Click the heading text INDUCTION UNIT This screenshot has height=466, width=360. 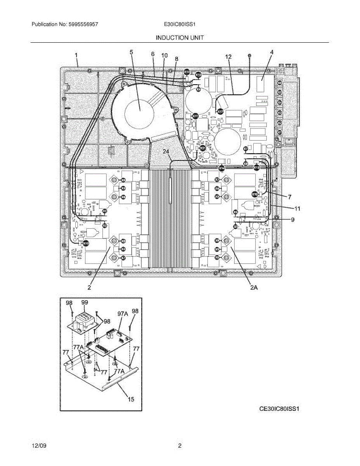coord(179,38)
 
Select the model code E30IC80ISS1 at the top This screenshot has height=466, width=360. coord(179,24)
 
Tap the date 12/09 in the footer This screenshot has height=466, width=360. coord(39,446)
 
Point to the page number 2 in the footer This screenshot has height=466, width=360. coord(180,446)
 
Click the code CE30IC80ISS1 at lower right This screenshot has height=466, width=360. coord(280,409)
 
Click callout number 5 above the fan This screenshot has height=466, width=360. coord(131,52)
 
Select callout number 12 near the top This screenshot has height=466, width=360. coord(228,57)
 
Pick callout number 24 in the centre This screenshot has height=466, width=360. coord(166,152)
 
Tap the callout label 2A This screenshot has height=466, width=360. coord(254,288)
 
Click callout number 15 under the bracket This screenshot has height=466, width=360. coord(131,399)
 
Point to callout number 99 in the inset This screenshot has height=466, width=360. coord(84,302)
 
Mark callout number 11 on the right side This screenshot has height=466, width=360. coord(297,209)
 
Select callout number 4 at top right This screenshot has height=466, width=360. coord(271,52)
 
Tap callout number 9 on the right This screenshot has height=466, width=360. coord(293,219)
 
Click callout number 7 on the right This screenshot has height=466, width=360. coord(289,197)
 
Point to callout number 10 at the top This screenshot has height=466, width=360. coord(164,56)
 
